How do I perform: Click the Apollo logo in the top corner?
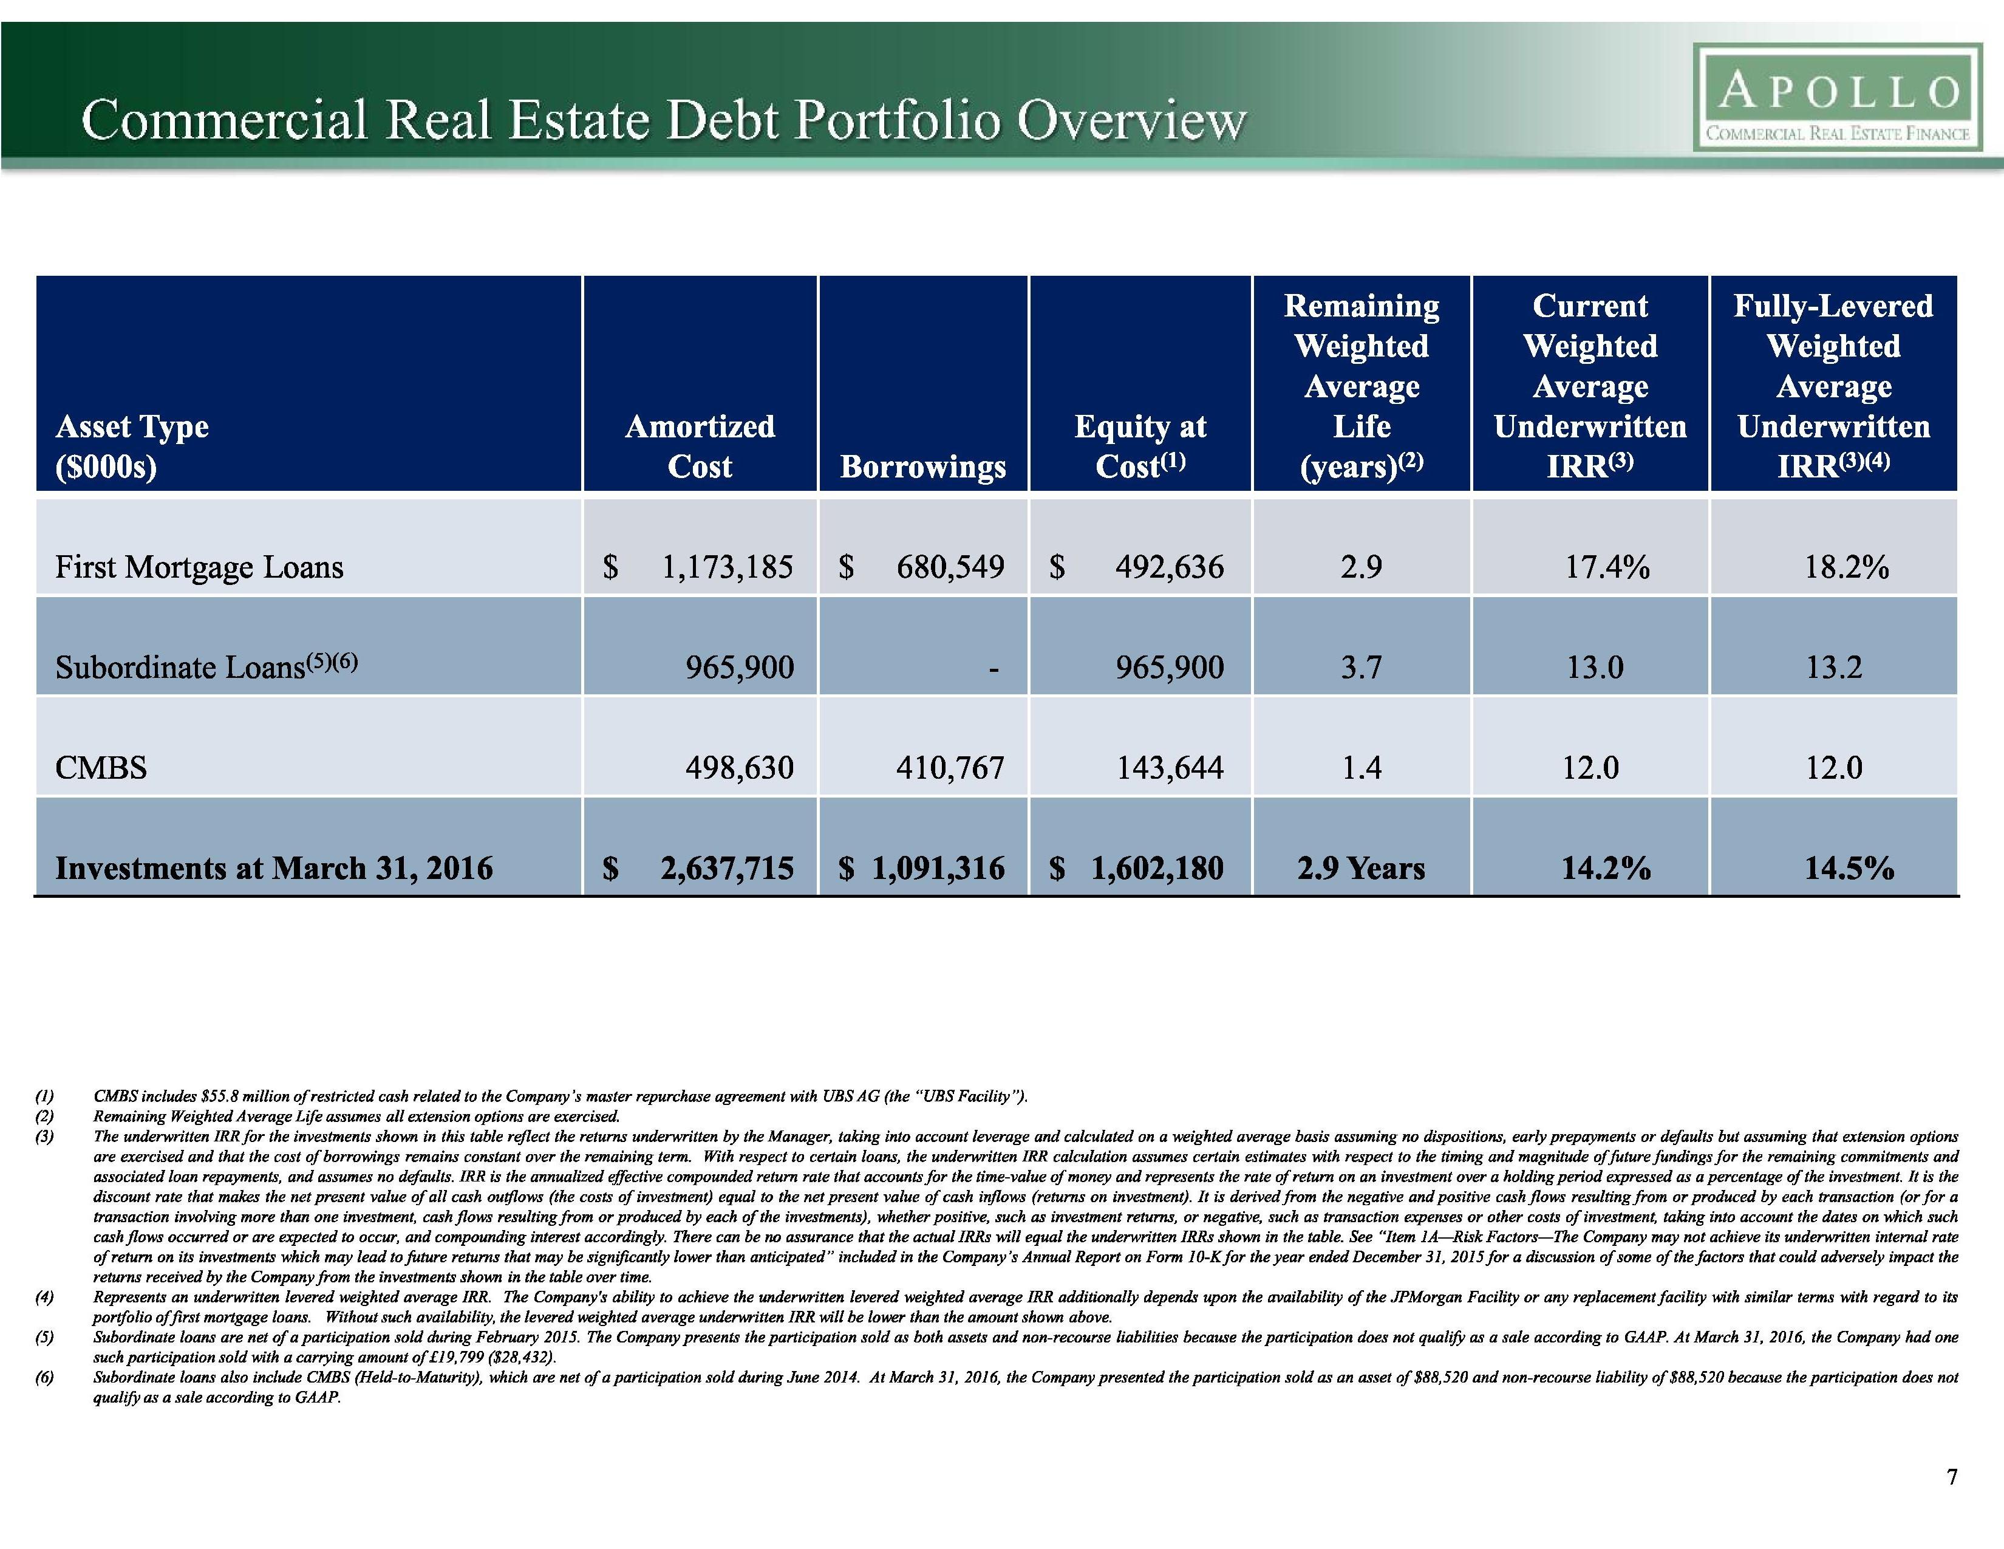tap(1839, 98)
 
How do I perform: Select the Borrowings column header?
tap(923, 466)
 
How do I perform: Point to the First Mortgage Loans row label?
tap(199, 567)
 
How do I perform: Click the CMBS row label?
tap(101, 767)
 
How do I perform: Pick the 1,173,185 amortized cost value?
tap(728, 567)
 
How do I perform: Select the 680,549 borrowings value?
tap(950, 567)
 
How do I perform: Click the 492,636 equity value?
tap(1169, 567)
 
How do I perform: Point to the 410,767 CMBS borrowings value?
tap(950, 767)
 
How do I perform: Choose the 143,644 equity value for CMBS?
tap(1169, 767)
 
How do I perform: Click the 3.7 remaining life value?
tap(1361, 667)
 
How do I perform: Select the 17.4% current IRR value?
tap(1607, 567)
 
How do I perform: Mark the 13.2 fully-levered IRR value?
tap(1833, 667)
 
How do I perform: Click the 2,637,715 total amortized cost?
tap(727, 868)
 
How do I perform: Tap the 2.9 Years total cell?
tap(1361, 868)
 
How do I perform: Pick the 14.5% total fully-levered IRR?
tap(1848, 868)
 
